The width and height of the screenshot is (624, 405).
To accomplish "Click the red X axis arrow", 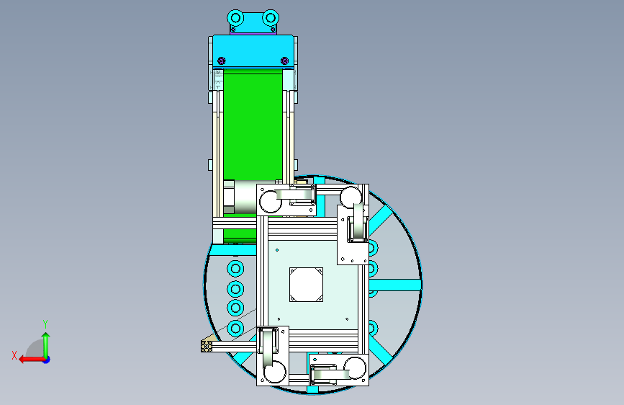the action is (x=32, y=360).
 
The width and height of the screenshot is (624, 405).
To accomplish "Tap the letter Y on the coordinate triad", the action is (x=45, y=324).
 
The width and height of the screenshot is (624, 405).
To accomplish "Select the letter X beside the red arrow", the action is (x=14, y=355).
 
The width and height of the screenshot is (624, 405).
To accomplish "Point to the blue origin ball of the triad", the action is (x=47, y=360).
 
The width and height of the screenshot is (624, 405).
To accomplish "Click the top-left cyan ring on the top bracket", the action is (x=235, y=18).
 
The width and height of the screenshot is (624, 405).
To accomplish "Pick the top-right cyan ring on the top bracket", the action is (x=271, y=18).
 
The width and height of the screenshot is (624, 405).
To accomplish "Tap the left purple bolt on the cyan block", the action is (x=222, y=61).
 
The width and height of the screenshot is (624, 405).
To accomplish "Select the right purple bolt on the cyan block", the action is (x=284, y=61).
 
